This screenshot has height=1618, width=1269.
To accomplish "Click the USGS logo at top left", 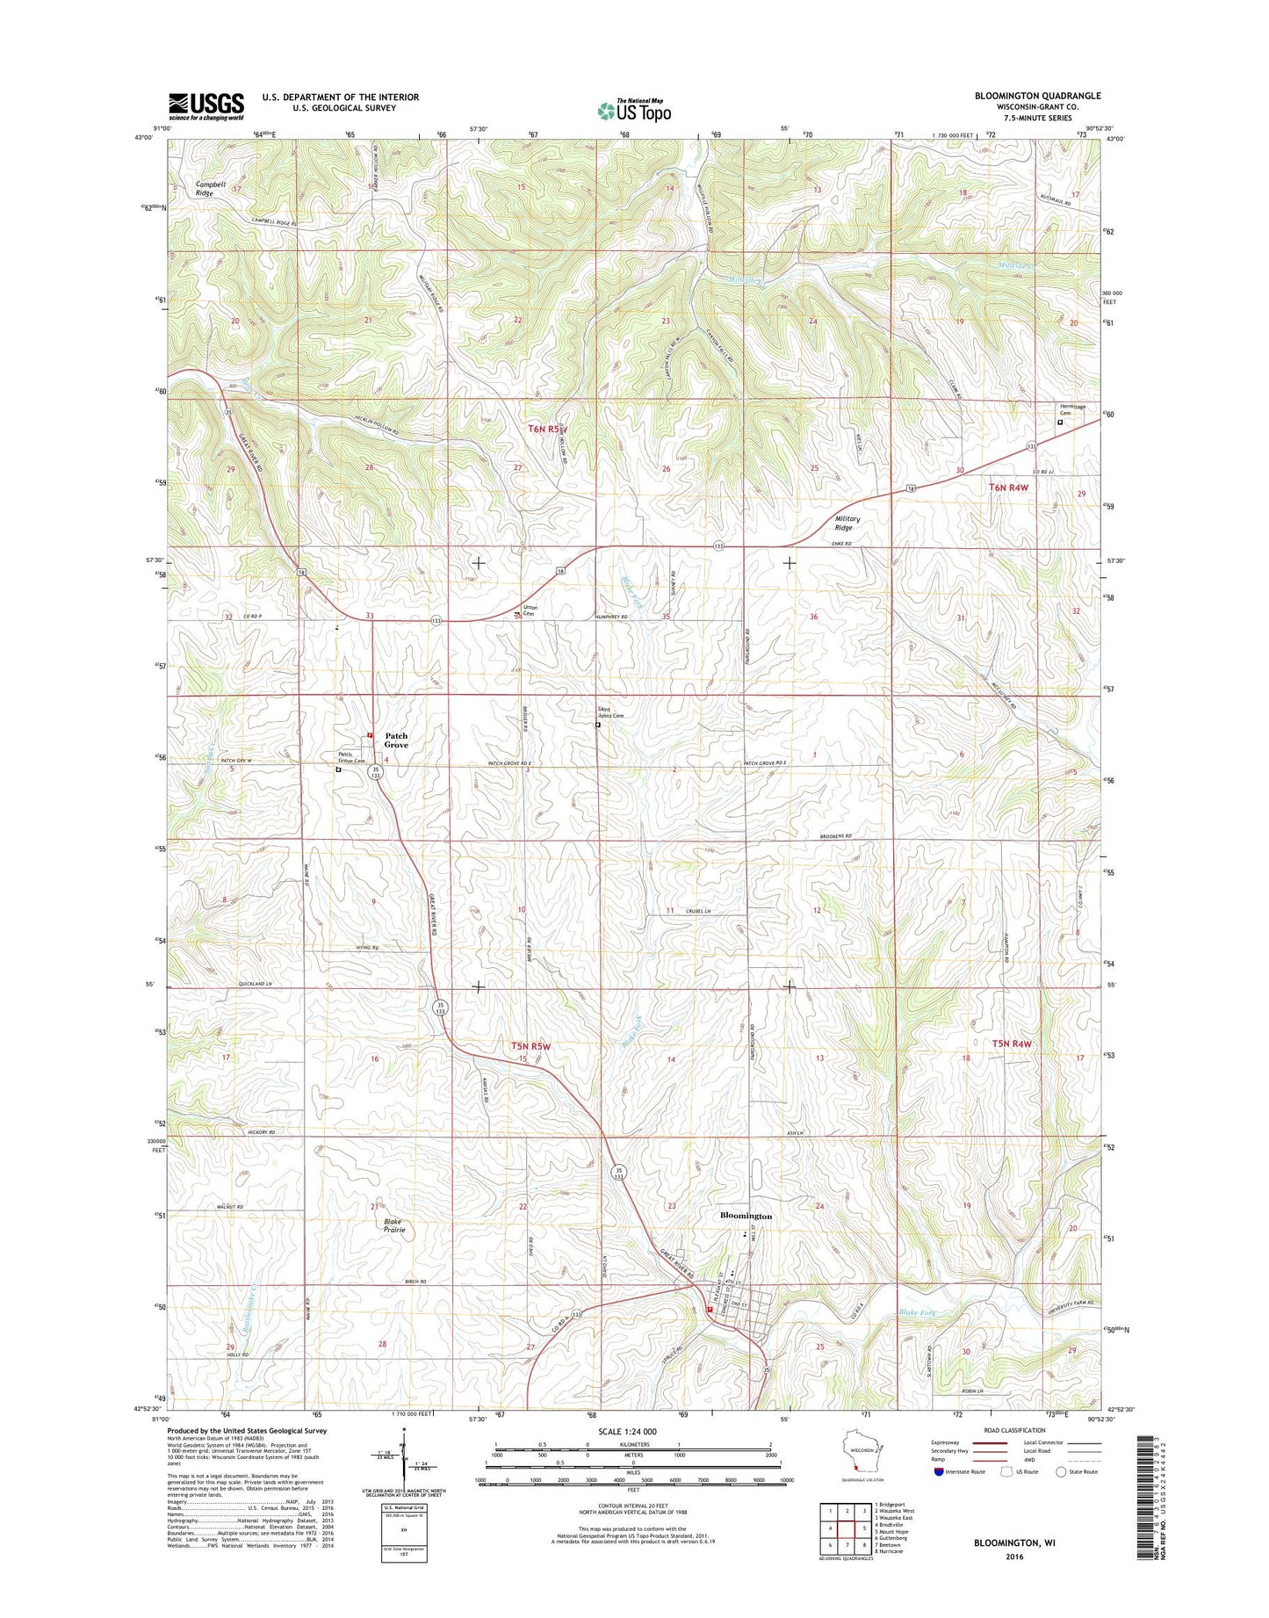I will coord(205,106).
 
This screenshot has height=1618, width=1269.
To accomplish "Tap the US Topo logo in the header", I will coord(634,111).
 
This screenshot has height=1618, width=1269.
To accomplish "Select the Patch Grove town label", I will coord(396,740).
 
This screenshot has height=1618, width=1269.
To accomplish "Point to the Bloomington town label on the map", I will coord(746,1216).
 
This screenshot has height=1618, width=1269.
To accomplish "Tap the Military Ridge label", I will coord(847,524).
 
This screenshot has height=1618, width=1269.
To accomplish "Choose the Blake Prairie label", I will coord(394,1226).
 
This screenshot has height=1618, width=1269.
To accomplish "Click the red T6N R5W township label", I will coord(548,430).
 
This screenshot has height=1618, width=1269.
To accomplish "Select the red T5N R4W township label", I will coord(1011,1044).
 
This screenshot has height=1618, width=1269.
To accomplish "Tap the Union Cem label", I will coord(530,610).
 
